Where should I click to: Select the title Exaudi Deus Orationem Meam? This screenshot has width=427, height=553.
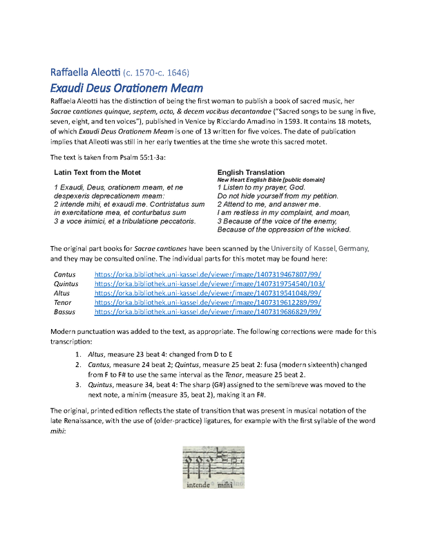click(x=126, y=88)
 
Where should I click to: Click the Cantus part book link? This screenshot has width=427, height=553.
click(x=209, y=274)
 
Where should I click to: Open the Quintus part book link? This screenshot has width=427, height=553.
click(x=209, y=283)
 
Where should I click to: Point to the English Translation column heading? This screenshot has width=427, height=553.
click(x=251, y=172)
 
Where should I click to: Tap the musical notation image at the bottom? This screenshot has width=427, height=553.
click(x=213, y=468)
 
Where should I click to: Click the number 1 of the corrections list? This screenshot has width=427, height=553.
click(x=77, y=354)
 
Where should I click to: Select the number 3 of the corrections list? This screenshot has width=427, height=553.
click(x=77, y=384)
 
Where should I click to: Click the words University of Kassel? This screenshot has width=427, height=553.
click(x=307, y=248)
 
